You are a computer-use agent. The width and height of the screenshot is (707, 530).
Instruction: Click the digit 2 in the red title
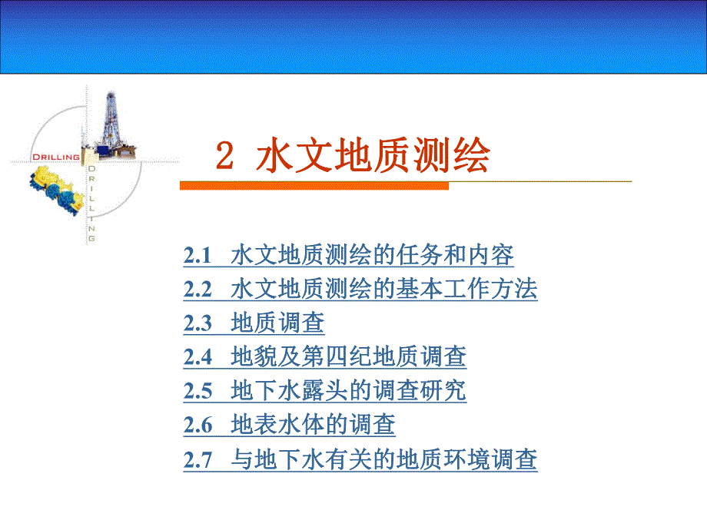coord(224,157)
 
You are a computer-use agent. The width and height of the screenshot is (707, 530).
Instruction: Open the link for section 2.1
coord(372,255)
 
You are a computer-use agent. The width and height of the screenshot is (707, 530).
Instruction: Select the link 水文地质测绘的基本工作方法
coord(383,290)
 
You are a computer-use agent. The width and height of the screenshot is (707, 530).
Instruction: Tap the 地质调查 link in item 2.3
coord(277,323)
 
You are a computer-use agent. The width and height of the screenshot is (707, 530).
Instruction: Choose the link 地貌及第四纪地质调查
coord(348,357)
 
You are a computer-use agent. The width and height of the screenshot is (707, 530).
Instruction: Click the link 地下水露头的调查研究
coord(348,391)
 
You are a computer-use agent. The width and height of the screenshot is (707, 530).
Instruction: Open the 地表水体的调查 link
coord(313,425)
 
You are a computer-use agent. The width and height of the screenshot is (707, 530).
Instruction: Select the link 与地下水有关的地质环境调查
coord(383,459)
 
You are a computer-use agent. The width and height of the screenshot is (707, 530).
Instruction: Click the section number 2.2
coord(197,290)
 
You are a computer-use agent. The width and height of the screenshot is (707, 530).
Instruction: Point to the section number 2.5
coord(197,392)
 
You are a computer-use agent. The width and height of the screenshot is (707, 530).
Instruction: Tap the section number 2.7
coord(197,460)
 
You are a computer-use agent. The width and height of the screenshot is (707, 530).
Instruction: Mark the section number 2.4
coord(197,358)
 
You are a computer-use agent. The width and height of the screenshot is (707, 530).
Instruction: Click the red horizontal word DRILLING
coord(55,157)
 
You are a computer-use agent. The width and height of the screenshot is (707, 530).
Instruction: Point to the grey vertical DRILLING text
coord(91,204)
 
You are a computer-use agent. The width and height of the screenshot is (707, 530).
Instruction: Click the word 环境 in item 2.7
coord(477,459)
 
